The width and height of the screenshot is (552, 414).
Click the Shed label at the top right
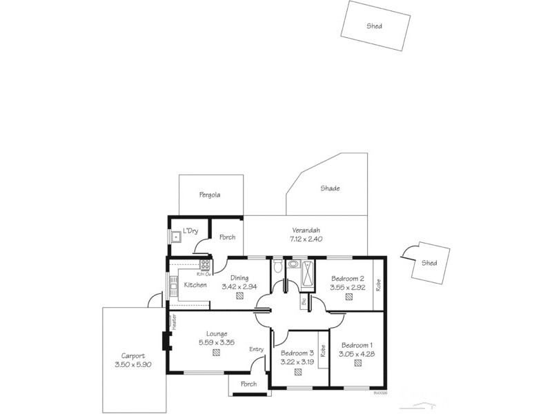(x=375, y=26)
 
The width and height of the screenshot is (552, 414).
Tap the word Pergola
(x=210, y=195)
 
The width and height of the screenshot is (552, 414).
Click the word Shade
(x=330, y=188)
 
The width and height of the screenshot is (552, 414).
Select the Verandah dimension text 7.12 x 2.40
(x=306, y=239)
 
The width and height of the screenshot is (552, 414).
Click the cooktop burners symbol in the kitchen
(x=205, y=264)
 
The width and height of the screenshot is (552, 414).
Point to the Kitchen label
(x=195, y=285)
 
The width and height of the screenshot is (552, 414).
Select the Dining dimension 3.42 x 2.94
(x=239, y=286)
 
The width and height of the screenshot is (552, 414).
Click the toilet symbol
(x=277, y=266)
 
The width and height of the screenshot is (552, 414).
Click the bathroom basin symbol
(x=293, y=264)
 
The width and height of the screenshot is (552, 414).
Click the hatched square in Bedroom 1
(x=357, y=364)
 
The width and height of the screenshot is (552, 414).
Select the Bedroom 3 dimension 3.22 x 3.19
(x=297, y=360)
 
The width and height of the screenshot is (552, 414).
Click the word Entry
(x=257, y=349)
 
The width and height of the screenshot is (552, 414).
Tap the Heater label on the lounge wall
(x=175, y=321)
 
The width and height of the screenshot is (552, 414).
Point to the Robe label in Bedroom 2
(x=378, y=285)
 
